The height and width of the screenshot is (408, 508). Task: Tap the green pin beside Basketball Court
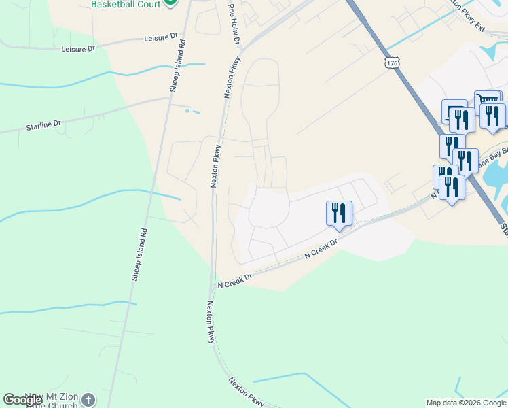click(170, 3)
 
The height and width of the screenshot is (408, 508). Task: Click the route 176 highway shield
click(391, 63)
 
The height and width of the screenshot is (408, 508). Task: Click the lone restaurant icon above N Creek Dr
click(338, 213)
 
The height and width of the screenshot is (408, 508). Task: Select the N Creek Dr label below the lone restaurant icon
click(321, 250)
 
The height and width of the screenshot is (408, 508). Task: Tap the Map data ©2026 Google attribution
click(466, 403)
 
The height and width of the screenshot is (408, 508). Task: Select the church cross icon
click(88, 401)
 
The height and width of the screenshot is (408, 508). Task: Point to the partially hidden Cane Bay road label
click(489, 163)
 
